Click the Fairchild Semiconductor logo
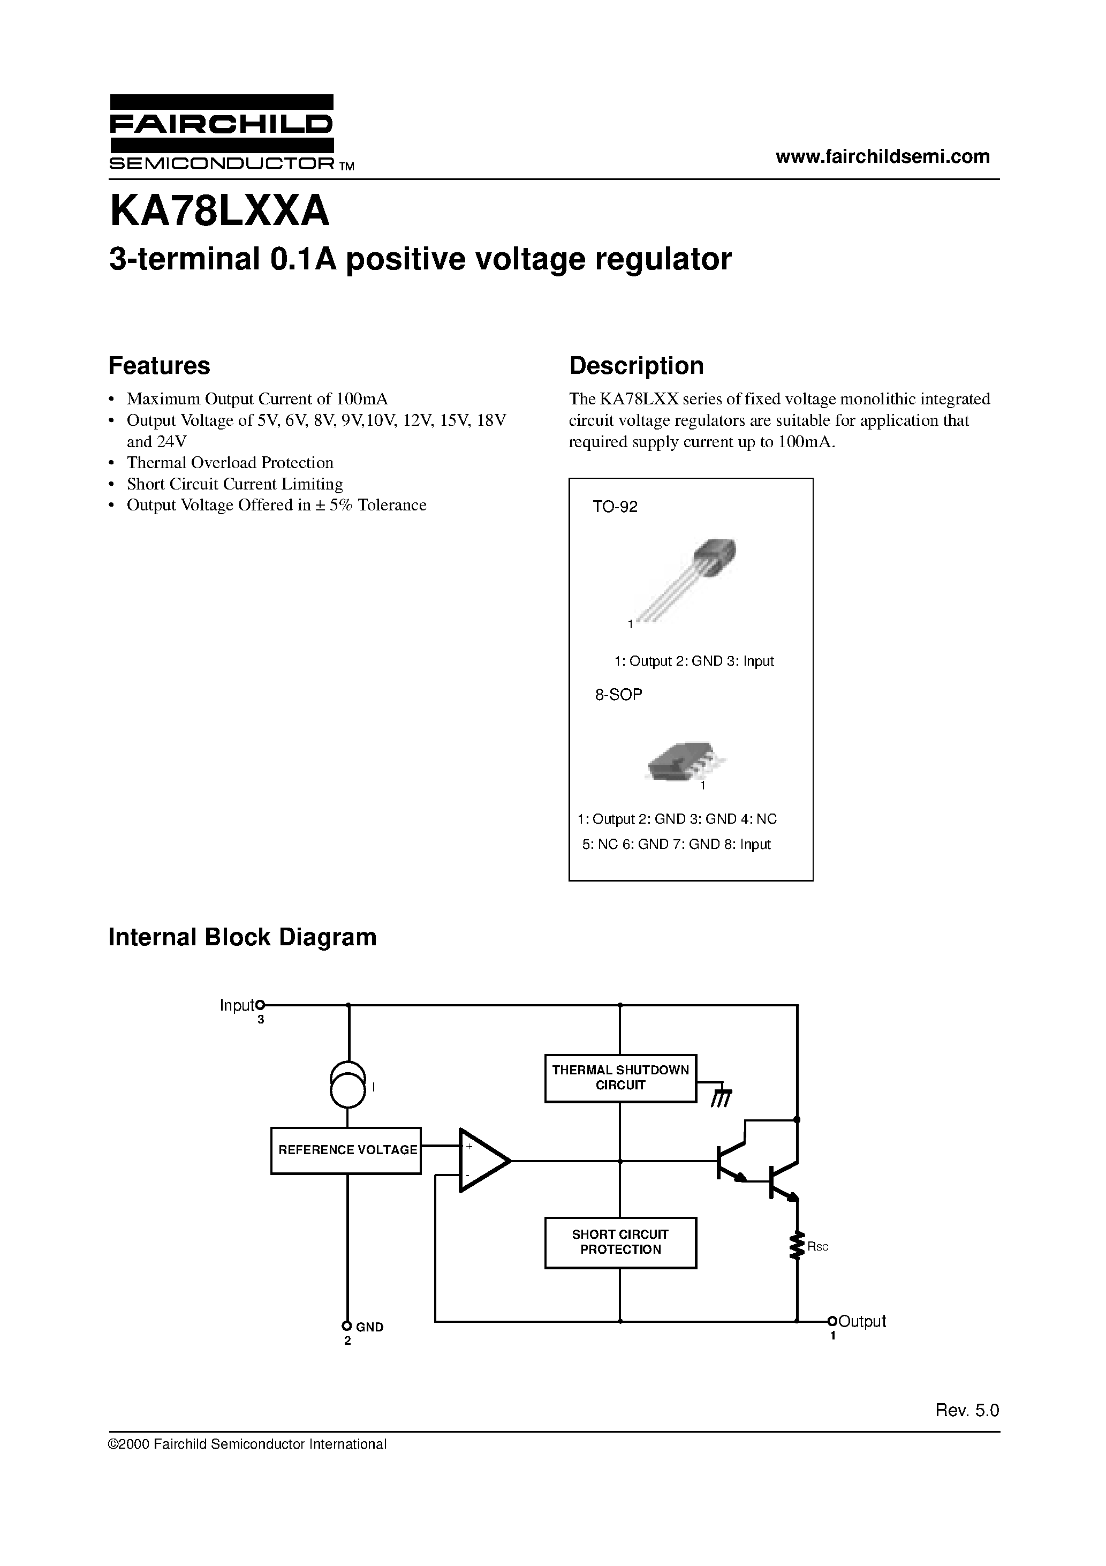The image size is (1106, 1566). click(222, 132)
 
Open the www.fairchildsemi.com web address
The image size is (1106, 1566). click(882, 156)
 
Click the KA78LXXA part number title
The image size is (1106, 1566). click(219, 212)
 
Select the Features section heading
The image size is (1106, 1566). click(159, 366)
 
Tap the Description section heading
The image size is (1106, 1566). click(636, 366)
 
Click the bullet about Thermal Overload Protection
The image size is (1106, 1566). click(230, 462)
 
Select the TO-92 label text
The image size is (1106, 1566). click(615, 507)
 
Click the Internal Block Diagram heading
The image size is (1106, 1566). click(242, 937)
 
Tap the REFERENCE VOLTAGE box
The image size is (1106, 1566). click(346, 1150)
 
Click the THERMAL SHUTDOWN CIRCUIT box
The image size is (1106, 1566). click(620, 1078)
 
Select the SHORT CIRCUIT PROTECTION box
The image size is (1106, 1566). click(620, 1242)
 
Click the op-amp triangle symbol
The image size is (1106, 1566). click(481, 1160)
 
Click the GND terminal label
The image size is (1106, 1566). click(369, 1327)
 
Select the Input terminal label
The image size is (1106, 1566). click(236, 1005)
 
